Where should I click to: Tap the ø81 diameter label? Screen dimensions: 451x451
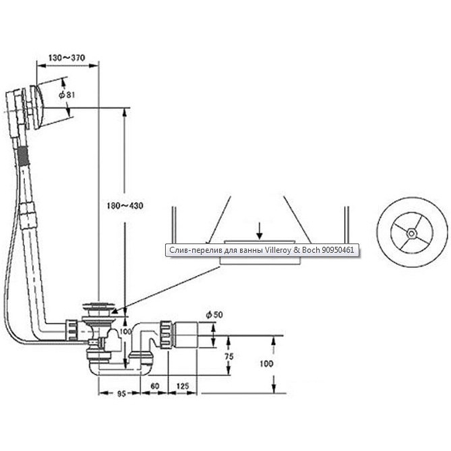point(67,95)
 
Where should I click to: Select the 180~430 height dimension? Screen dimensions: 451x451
point(124,206)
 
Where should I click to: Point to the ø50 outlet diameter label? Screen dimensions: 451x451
point(214,315)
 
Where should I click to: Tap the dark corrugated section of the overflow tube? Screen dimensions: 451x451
point(24,155)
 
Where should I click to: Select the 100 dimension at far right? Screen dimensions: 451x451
point(266,364)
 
